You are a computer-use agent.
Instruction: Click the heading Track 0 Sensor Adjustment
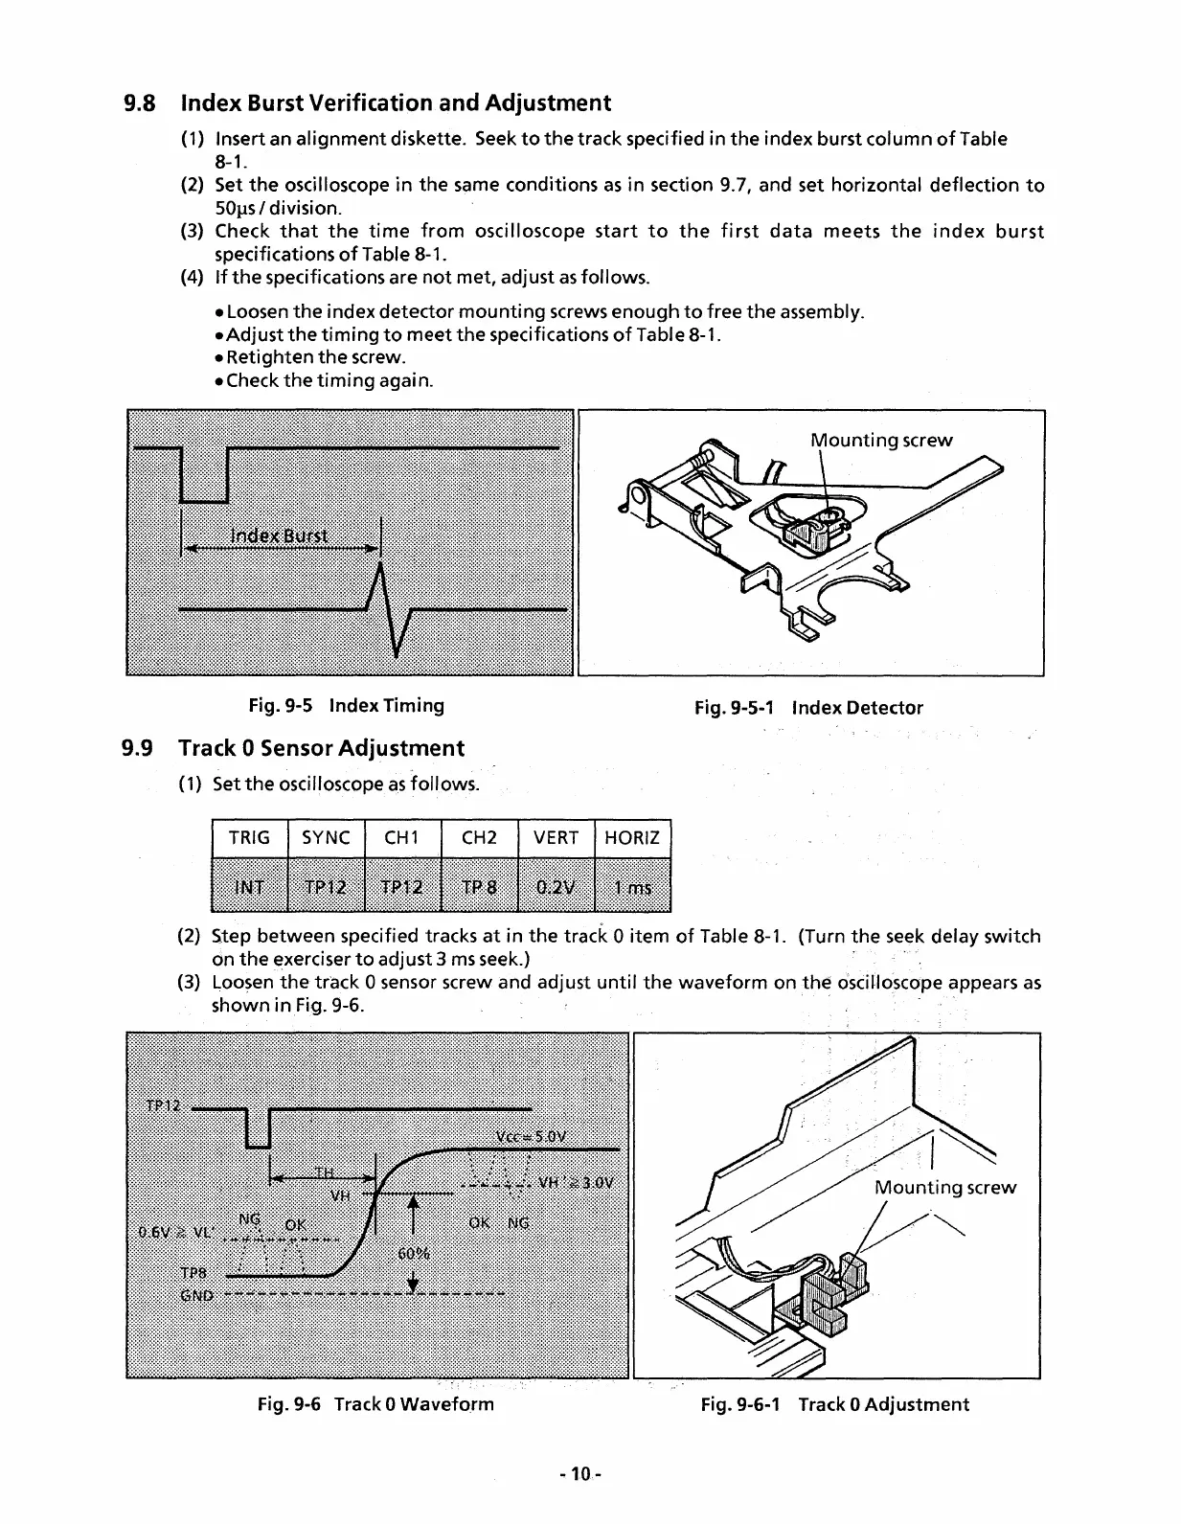tap(321, 748)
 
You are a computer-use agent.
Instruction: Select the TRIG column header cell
tap(249, 838)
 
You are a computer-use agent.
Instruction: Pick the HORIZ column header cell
tap(632, 838)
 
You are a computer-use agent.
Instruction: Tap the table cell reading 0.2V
tap(556, 887)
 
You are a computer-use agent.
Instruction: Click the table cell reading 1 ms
tap(632, 887)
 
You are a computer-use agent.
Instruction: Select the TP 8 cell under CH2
tap(479, 887)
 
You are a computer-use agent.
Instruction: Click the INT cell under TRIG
tap(249, 887)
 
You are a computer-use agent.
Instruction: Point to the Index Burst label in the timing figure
tap(280, 535)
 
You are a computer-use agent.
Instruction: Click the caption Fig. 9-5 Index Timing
tap(346, 706)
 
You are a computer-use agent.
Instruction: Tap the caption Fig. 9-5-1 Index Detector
tap(808, 708)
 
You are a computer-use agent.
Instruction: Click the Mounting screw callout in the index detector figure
tap(881, 441)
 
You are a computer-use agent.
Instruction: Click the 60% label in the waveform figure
tap(413, 1255)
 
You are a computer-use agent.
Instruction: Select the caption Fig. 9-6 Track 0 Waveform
tap(375, 1404)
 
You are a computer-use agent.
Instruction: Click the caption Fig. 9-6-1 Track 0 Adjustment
tap(834, 1404)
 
